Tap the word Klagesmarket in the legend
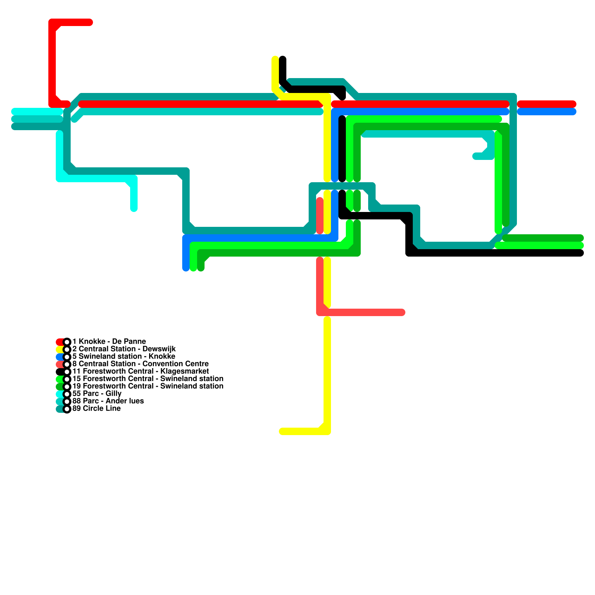pos(184,371)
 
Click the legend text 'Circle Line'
pos(102,408)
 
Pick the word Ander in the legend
pos(114,401)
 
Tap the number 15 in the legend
pos(76,379)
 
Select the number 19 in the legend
pos(76,386)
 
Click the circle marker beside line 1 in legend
pos(67,342)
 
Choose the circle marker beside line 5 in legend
pos(67,357)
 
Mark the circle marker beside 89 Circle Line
pos(67,409)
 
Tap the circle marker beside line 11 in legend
pos(67,372)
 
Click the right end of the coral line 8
pos(402,312)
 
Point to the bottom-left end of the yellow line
pos(282,431)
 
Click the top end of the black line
pos(283,59)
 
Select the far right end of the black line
pos(580,253)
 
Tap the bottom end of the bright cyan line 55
pos(134,209)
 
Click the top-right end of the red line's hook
pos(90,22)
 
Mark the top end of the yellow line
pos(275,59)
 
